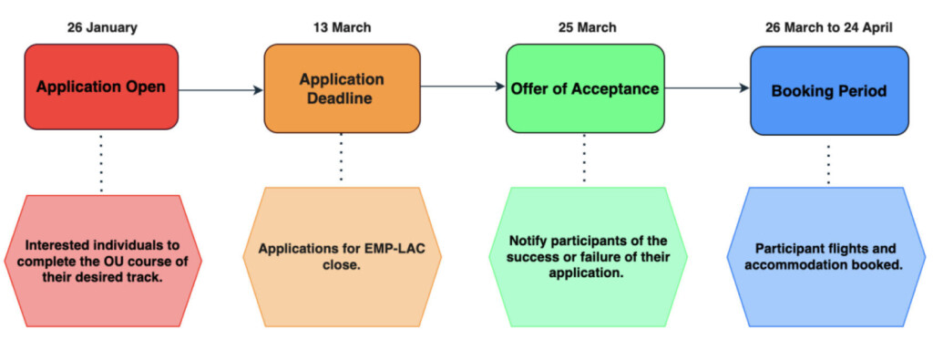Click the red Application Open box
point(101,87)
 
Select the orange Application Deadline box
point(342,88)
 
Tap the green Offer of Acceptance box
point(583,88)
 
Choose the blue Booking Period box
point(828,91)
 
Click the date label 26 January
point(102,27)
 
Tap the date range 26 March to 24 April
point(828,27)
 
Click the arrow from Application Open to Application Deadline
point(220,90)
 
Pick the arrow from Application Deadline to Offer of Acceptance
point(463,87)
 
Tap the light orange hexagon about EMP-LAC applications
point(342,256)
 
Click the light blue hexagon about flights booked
point(828,256)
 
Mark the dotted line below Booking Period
point(828,164)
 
